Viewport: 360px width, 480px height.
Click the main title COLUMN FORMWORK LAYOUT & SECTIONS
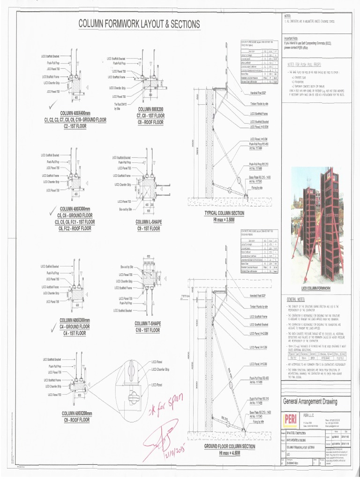coord(139,24)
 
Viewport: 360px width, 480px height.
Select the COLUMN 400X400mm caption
coord(75,113)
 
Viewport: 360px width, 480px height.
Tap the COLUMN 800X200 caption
coord(150,109)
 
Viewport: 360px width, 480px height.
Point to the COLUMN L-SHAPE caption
coord(149,222)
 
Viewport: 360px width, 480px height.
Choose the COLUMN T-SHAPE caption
coord(147,323)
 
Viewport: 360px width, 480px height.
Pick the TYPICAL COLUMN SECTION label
coord(224,213)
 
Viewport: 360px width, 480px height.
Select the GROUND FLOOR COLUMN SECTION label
coord(230,447)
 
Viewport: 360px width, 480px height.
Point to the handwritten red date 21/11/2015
coord(175,450)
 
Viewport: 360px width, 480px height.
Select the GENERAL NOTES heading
coord(296,300)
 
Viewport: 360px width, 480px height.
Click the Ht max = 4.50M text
coord(230,453)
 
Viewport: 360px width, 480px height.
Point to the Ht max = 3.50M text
coord(224,219)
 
